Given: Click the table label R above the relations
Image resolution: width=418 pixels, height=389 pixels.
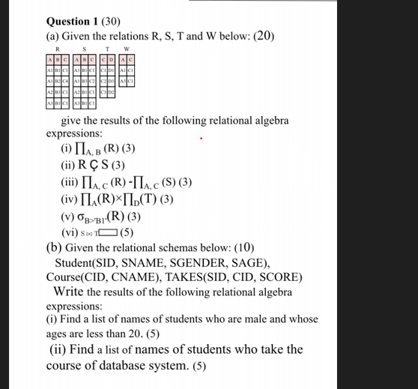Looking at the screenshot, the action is [x=58, y=48].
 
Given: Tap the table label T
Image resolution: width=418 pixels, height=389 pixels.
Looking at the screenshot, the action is [x=108, y=48].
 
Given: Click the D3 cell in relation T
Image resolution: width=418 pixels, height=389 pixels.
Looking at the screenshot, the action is [x=112, y=82].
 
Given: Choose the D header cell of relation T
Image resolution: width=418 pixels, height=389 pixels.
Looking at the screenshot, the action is [x=112, y=61].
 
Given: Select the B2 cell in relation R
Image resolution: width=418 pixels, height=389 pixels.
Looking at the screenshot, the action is [x=58, y=82].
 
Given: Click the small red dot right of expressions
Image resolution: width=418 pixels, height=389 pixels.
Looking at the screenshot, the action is [x=201, y=138].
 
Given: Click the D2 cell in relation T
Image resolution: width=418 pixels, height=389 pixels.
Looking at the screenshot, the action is [x=112, y=92].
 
